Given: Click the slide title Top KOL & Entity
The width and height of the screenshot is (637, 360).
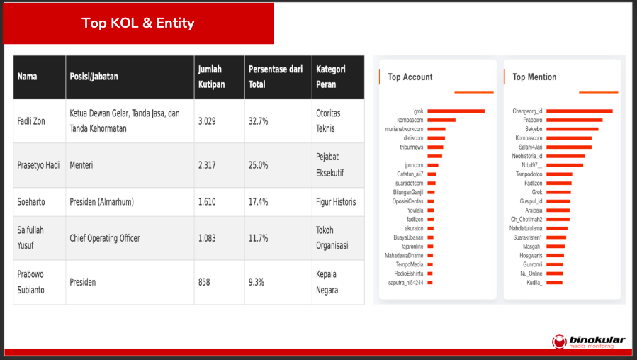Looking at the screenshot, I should tap(137, 23).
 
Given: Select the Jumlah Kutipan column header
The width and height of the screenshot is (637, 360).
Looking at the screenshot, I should tap(210, 77).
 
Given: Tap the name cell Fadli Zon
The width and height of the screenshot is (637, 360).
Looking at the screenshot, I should tap(31, 121).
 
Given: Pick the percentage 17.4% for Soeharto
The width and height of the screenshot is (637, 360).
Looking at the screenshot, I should tap(258, 202).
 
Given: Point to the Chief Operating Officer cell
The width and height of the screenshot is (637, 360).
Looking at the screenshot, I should tap(105, 238).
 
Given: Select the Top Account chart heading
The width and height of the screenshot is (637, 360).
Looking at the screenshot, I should tap(410, 77).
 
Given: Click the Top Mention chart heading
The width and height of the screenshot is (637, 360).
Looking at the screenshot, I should tap(534, 77).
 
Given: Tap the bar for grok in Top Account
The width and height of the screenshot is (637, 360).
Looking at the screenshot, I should tap(456, 111).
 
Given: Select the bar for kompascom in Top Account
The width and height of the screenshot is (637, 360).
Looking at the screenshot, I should tap(441, 120).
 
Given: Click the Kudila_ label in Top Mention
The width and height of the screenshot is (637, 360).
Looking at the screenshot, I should tap(534, 283).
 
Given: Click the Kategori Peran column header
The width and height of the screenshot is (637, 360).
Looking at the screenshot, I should tap(330, 77).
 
